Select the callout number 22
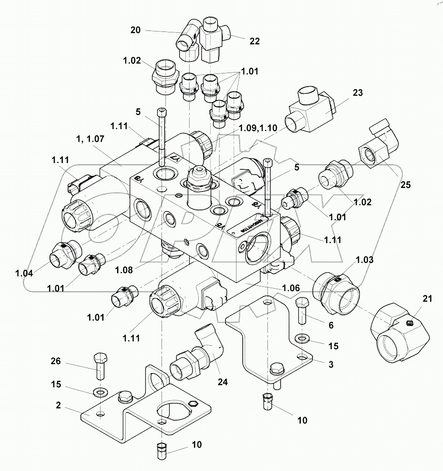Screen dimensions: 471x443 pos(254,41)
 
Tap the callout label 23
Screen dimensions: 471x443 pos(357,92)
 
